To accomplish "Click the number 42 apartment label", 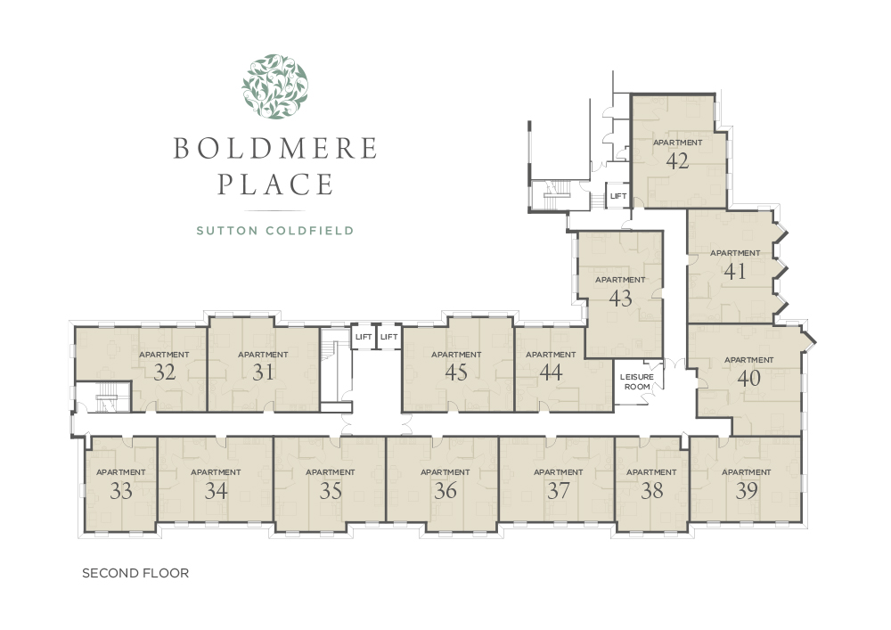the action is click(677, 160).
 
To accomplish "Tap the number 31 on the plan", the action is click(263, 372).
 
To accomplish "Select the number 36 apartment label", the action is click(445, 490).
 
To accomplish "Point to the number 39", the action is click(746, 490).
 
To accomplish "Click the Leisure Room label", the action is click(637, 381).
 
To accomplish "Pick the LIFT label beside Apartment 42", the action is click(618, 196).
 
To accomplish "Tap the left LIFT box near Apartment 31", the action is click(364, 337).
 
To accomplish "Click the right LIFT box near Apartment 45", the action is click(389, 337).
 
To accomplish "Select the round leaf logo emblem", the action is click(275, 87).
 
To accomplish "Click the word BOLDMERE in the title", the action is click(275, 148).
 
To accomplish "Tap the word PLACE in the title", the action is click(275, 184).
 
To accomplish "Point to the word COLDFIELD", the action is click(310, 231).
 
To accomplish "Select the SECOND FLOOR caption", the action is click(135, 573).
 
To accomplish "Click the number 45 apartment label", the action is click(456, 372).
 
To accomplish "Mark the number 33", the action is click(121, 490).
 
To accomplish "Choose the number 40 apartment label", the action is click(749, 378).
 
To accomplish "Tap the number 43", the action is click(620, 298).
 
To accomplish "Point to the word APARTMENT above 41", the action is click(735, 253).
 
